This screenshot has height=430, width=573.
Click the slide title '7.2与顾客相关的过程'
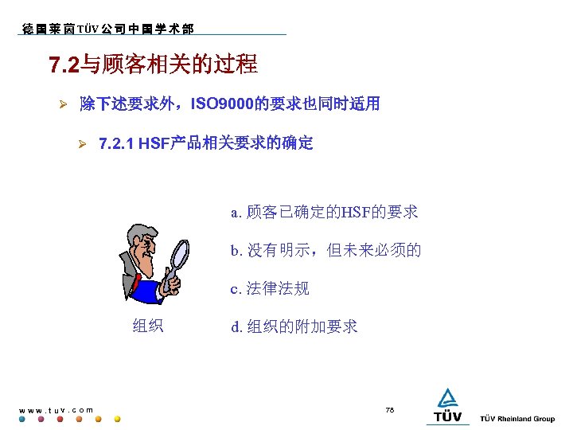[x=154, y=64]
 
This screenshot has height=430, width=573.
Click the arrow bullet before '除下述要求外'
[x=67, y=104]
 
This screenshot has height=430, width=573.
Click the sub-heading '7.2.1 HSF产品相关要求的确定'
[x=205, y=144]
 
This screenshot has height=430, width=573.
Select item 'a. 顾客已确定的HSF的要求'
[x=324, y=212]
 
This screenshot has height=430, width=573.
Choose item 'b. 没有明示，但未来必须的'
[x=325, y=250]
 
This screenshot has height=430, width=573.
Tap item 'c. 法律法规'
[x=270, y=288]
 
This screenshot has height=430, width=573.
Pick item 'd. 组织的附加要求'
[x=294, y=326]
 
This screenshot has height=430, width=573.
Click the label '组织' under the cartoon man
[x=148, y=325]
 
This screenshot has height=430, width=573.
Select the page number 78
[x=390, y=409]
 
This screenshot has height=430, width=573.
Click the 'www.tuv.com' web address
[x=56, y=410]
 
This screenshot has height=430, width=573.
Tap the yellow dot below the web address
[x=118, y=419]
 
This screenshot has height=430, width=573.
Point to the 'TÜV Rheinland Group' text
[x=518, y=419]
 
